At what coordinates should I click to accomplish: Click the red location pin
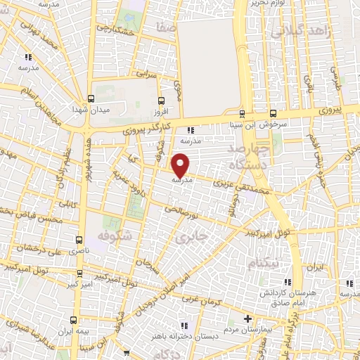(181, 165)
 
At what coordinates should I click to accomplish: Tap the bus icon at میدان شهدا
(91, 98)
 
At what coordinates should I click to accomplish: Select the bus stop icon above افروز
(162, 101)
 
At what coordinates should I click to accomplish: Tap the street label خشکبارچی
(115, 30)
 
